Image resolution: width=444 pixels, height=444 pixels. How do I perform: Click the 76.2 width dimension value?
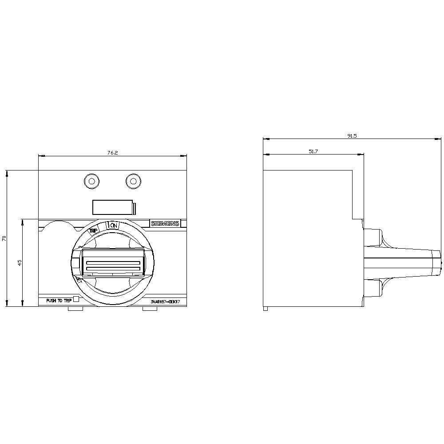(x=112, y=153)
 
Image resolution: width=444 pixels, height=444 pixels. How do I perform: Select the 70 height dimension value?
(x=4, y=238)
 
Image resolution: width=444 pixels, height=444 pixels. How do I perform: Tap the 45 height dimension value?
(x=20, y=262)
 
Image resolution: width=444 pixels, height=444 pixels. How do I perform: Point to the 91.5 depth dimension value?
(x=352, y=136)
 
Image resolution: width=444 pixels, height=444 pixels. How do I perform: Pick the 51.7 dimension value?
(x=313, y=151)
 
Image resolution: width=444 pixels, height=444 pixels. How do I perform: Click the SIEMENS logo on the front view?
(x=165, y=223)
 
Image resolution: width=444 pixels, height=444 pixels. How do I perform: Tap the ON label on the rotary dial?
(x=114, y=226)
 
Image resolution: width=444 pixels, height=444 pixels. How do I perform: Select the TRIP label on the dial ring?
(x=93, y=230)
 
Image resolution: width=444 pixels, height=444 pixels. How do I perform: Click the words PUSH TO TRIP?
(x=59, y=301)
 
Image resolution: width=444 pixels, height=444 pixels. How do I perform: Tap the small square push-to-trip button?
(x=75, y=299)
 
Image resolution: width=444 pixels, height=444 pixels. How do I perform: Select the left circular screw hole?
(x=91, y=181)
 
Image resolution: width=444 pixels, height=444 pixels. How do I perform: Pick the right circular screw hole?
(x=132, y=181)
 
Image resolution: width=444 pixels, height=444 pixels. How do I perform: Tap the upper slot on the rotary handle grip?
(x=113, y=262)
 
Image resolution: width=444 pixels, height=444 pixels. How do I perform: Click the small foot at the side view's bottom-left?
(x=265, y=308)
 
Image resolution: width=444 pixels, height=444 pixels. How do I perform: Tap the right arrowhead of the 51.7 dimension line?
(x=361, y=155)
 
